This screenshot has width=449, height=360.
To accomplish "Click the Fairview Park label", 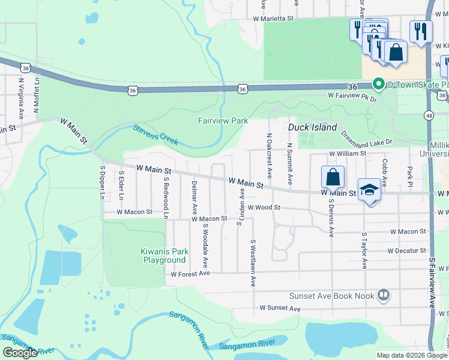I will [223, 121].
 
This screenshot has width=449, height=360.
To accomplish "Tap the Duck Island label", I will [307, 127].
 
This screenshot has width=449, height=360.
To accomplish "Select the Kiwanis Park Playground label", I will [164, 256].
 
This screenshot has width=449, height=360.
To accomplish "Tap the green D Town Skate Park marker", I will [378, 84].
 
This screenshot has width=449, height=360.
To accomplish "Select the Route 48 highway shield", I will [428, 114].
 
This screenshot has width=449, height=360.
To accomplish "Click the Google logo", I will [19, 353].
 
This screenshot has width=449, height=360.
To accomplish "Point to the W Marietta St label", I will [273, 19].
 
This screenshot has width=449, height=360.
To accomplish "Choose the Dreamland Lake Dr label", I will [366, 138].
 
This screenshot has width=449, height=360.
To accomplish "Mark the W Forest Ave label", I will [190, 274].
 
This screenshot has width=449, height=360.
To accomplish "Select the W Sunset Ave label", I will [280, 308].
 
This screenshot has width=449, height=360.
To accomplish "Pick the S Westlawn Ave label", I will [253, 262].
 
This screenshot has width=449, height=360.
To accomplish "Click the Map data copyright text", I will [412, 355].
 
